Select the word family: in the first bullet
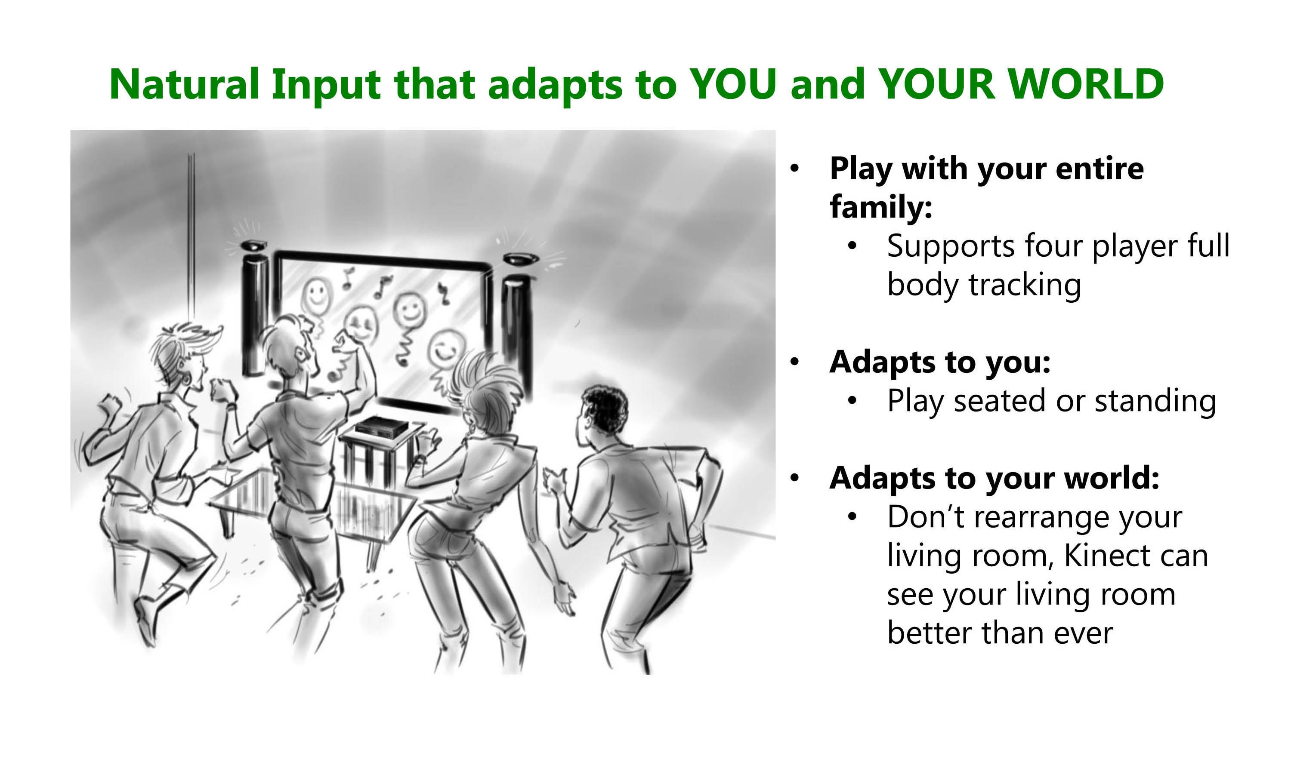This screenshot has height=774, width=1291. coord(881,206)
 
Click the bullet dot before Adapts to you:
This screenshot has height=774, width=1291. coord(794,362)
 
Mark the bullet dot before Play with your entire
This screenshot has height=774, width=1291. coord(794,169)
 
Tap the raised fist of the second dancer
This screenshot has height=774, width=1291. coord(346,343)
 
